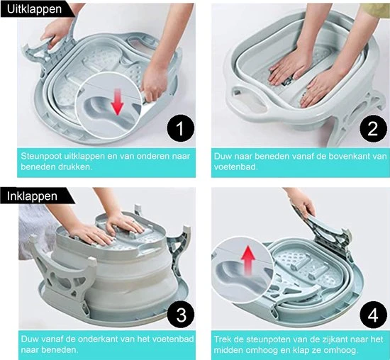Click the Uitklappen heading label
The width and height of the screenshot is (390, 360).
tap(34, 9)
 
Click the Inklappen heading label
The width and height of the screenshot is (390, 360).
tap(32, 196)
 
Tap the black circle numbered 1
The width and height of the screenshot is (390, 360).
tap(180, 128)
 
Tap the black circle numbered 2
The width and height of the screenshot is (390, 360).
tap(373, 128)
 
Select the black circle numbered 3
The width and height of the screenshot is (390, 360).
tap(181, 315)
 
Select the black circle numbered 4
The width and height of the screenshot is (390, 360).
tap(373, 315)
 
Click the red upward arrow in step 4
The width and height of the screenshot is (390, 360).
tap(248, 259)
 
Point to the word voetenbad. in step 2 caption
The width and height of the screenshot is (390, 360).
tap(235, 167)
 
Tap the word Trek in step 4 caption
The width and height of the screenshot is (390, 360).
tap(222, 339)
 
